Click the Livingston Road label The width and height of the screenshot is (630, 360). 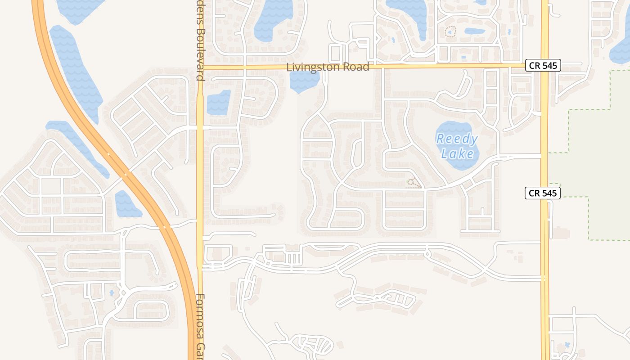point(328,67)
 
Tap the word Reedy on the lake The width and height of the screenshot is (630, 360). point(457,139)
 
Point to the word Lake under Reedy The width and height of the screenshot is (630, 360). point(457,154)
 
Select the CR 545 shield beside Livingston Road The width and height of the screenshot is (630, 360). point(543,65)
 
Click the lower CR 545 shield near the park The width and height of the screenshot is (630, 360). point(542,193)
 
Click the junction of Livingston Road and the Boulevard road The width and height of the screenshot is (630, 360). point(200,67)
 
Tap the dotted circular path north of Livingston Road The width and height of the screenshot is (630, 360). point(450,31)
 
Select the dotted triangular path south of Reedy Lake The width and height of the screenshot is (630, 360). point(414,183)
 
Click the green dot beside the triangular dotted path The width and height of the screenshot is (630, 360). point(408,181)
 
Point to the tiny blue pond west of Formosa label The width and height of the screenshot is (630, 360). point(112,293)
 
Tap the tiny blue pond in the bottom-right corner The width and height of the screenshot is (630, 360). point(567,345)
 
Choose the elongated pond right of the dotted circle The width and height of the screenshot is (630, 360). point(475,31)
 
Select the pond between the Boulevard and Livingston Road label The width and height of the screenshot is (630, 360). point(219,102)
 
